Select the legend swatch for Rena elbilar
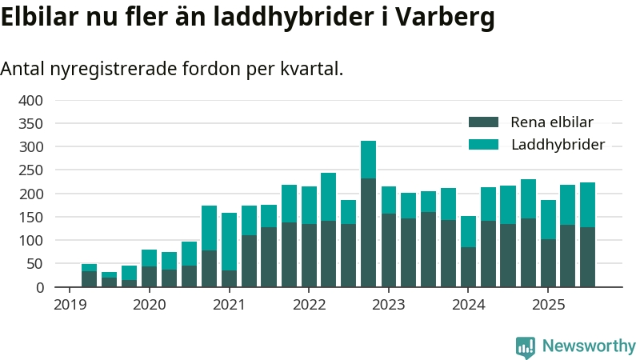pos(483,122)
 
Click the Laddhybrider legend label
pos(557,145)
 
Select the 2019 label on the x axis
pos(70,304)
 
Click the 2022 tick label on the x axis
pos(309,304)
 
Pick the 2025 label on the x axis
pos(548,304)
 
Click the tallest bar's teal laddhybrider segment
pos(368,159)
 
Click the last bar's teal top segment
pos(587,205)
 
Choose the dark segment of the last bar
pos(587,257)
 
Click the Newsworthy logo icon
pos(526,346)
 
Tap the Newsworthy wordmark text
pos(589,346)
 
